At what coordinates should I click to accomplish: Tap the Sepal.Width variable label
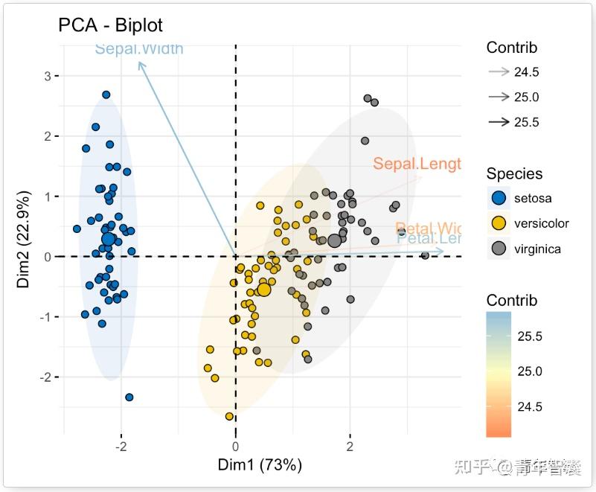139,49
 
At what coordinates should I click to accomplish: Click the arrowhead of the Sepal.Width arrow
140,64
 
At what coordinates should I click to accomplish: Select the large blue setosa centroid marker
109,239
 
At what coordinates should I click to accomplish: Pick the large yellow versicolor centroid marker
263,289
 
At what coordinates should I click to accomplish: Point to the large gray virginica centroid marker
334,240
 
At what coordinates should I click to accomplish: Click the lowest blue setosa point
129,397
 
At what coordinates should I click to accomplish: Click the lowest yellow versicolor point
229,417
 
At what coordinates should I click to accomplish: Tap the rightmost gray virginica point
425,255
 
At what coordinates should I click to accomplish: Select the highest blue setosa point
106,95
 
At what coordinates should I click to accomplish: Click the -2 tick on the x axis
121,447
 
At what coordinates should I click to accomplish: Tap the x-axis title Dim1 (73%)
259,465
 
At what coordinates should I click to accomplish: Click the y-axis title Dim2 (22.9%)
24,240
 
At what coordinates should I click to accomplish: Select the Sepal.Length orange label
417,164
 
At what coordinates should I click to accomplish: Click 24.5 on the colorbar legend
530,406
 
